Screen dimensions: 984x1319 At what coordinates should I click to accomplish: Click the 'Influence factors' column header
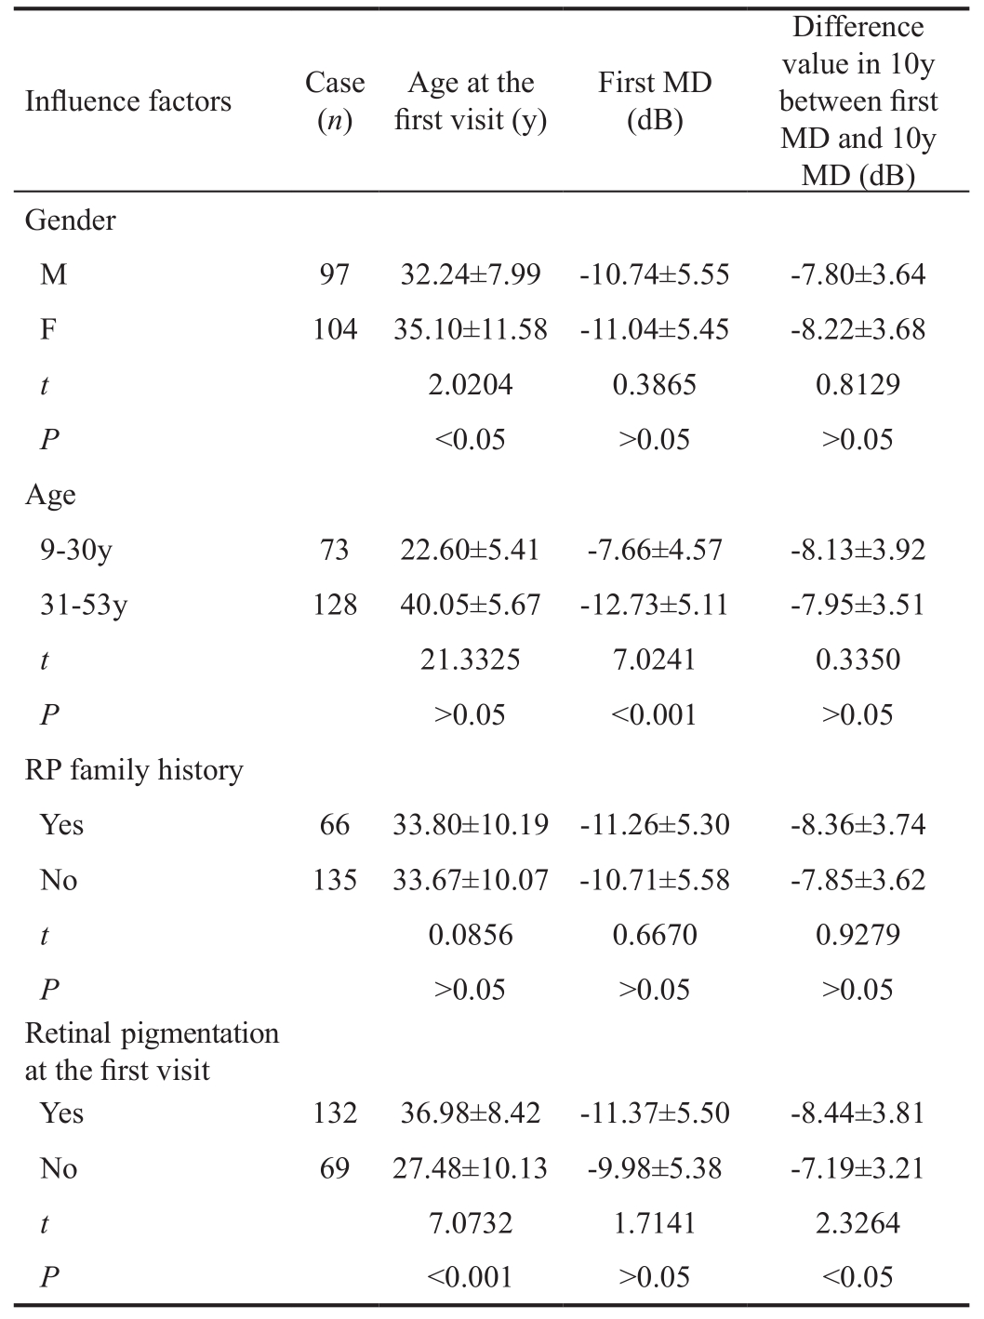(128, 101)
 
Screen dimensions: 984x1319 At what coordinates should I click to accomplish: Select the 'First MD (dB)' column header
(655, 101)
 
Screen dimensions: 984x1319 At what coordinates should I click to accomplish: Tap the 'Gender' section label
(71, 220)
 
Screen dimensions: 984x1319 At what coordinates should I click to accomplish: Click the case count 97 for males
(335, 274)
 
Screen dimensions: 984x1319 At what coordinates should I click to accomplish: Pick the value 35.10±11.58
(471, 329)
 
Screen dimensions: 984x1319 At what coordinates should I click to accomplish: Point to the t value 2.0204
(471, 384)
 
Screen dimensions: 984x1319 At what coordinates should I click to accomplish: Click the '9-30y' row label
(76, 550)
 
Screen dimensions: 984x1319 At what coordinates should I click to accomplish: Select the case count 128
(335, 605)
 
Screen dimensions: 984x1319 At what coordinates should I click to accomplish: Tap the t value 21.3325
(471, 659)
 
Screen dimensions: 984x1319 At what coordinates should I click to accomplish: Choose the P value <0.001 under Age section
(654, 714)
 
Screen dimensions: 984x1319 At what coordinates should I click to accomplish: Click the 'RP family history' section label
(134, 770)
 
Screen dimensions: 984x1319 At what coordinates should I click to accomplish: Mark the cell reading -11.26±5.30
(655, 824)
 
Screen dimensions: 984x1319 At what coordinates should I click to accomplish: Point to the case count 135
(335, 880)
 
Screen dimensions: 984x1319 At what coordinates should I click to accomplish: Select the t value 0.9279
(858, 935)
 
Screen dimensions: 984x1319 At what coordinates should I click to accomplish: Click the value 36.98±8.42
(471, 1112)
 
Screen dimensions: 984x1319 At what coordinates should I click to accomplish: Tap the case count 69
(335, 1168)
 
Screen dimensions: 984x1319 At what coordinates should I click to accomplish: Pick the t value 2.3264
(858, 1223)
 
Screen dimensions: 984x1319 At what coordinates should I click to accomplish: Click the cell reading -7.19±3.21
(858, 1168)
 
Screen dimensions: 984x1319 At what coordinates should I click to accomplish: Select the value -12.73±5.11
(655, 605)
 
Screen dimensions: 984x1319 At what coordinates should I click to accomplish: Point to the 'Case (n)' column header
(335, 101)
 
